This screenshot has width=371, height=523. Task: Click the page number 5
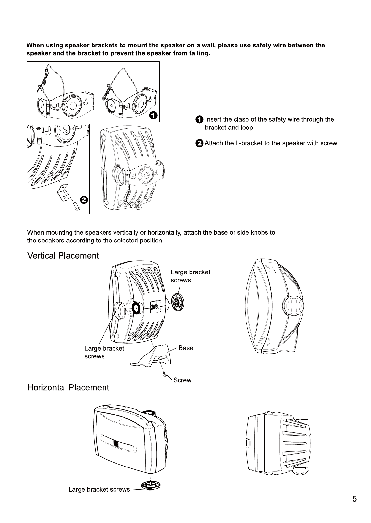point(355,499)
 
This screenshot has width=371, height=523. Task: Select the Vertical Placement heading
point(63,256)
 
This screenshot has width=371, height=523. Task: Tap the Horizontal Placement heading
point(68,388)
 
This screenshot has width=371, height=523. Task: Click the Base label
point(186,348)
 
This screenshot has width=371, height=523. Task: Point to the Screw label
point(182,380)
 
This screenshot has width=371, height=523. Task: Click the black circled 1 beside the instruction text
point(199,119)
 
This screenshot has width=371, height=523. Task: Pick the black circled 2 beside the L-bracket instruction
point(199,143)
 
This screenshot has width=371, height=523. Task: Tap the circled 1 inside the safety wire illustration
point(153,115)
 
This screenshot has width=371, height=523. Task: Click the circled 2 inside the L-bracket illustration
point(84,200)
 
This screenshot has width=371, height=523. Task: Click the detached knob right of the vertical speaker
point(178,302)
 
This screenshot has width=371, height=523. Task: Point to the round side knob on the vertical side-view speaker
point(293,306)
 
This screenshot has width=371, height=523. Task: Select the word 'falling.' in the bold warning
point(199,53)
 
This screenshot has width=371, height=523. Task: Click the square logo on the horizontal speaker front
point(116,443)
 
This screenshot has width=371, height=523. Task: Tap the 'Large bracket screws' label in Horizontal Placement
point(99,489)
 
